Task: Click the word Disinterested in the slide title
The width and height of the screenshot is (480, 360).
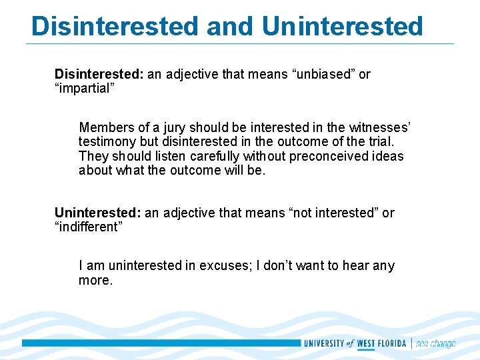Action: click(x=115, y=26)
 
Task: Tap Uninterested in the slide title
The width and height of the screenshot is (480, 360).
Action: click(x=342, y=26)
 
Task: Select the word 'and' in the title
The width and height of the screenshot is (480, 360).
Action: click(x=231, y=26)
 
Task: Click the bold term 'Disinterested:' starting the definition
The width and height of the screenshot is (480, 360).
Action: click(x=99, y=74)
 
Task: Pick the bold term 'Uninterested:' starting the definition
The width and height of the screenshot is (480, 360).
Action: click(x=97, y=213)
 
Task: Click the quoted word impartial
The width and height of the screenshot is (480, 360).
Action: click(x=85, y=89)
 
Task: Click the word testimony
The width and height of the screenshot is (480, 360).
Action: click(x=107, y=141)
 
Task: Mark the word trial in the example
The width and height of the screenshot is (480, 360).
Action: click(x=379, y=141)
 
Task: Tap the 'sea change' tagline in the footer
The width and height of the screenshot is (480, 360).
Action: click(x=435, y=343)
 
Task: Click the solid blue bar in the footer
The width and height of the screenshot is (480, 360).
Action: click(x=160, y=343)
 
